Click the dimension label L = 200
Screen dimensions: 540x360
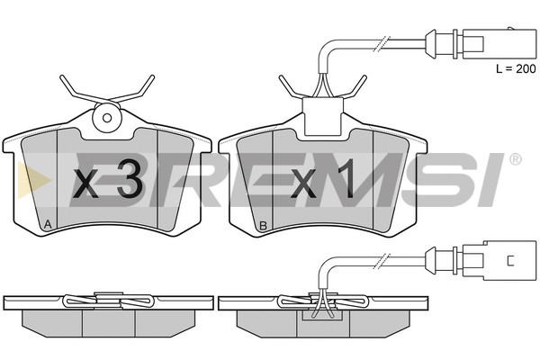tap(516, 69)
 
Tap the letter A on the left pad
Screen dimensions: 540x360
tap(48, 225)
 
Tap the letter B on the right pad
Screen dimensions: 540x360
tap(263, 226)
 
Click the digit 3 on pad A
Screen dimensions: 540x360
tap(130, 179)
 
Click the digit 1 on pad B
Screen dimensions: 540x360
tap(346, 179)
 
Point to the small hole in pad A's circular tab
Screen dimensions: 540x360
tap(107, 118)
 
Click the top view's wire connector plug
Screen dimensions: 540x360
tap(481, 44)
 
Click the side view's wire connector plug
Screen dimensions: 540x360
tap(482, 261)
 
